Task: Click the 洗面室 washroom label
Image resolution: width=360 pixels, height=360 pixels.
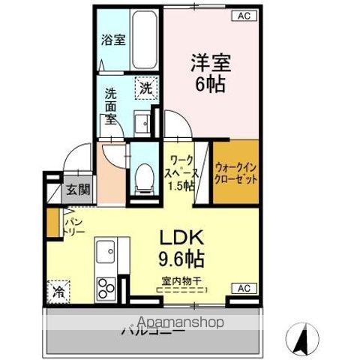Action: click(x=110, y=106)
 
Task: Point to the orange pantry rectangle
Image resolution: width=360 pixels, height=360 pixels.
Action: click(x=52, y=222)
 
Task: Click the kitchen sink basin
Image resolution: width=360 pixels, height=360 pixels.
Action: click(x=106, y=250)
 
